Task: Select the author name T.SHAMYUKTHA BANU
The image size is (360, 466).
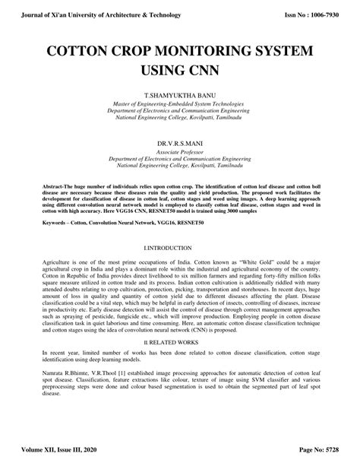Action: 179,95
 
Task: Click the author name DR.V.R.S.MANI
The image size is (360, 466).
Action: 179,143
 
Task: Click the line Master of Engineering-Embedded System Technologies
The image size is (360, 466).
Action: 179,103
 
